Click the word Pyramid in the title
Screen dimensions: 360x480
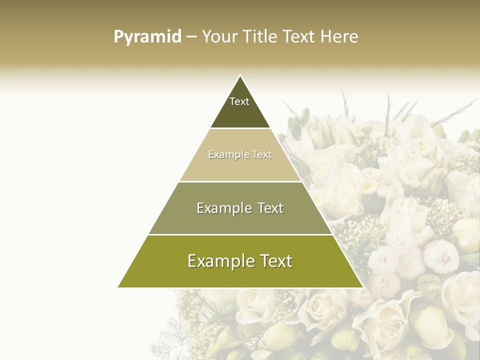[x=147, y=37]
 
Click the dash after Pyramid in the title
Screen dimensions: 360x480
[x=191, y=37]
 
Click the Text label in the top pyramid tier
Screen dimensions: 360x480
[x=239, y=101]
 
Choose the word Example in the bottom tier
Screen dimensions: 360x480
[x=218, y=261]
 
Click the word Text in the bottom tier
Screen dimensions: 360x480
[x=274, y=261]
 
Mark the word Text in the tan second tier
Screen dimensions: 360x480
[x=262, y=155]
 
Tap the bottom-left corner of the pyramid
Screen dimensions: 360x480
[x=118, y=287]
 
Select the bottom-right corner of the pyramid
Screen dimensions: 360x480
[x=362, y=287]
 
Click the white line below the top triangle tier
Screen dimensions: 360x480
[x=240, y=128]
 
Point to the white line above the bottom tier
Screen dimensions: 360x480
[x=240, y=234]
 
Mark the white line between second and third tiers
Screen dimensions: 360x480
[x=240, y=181]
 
